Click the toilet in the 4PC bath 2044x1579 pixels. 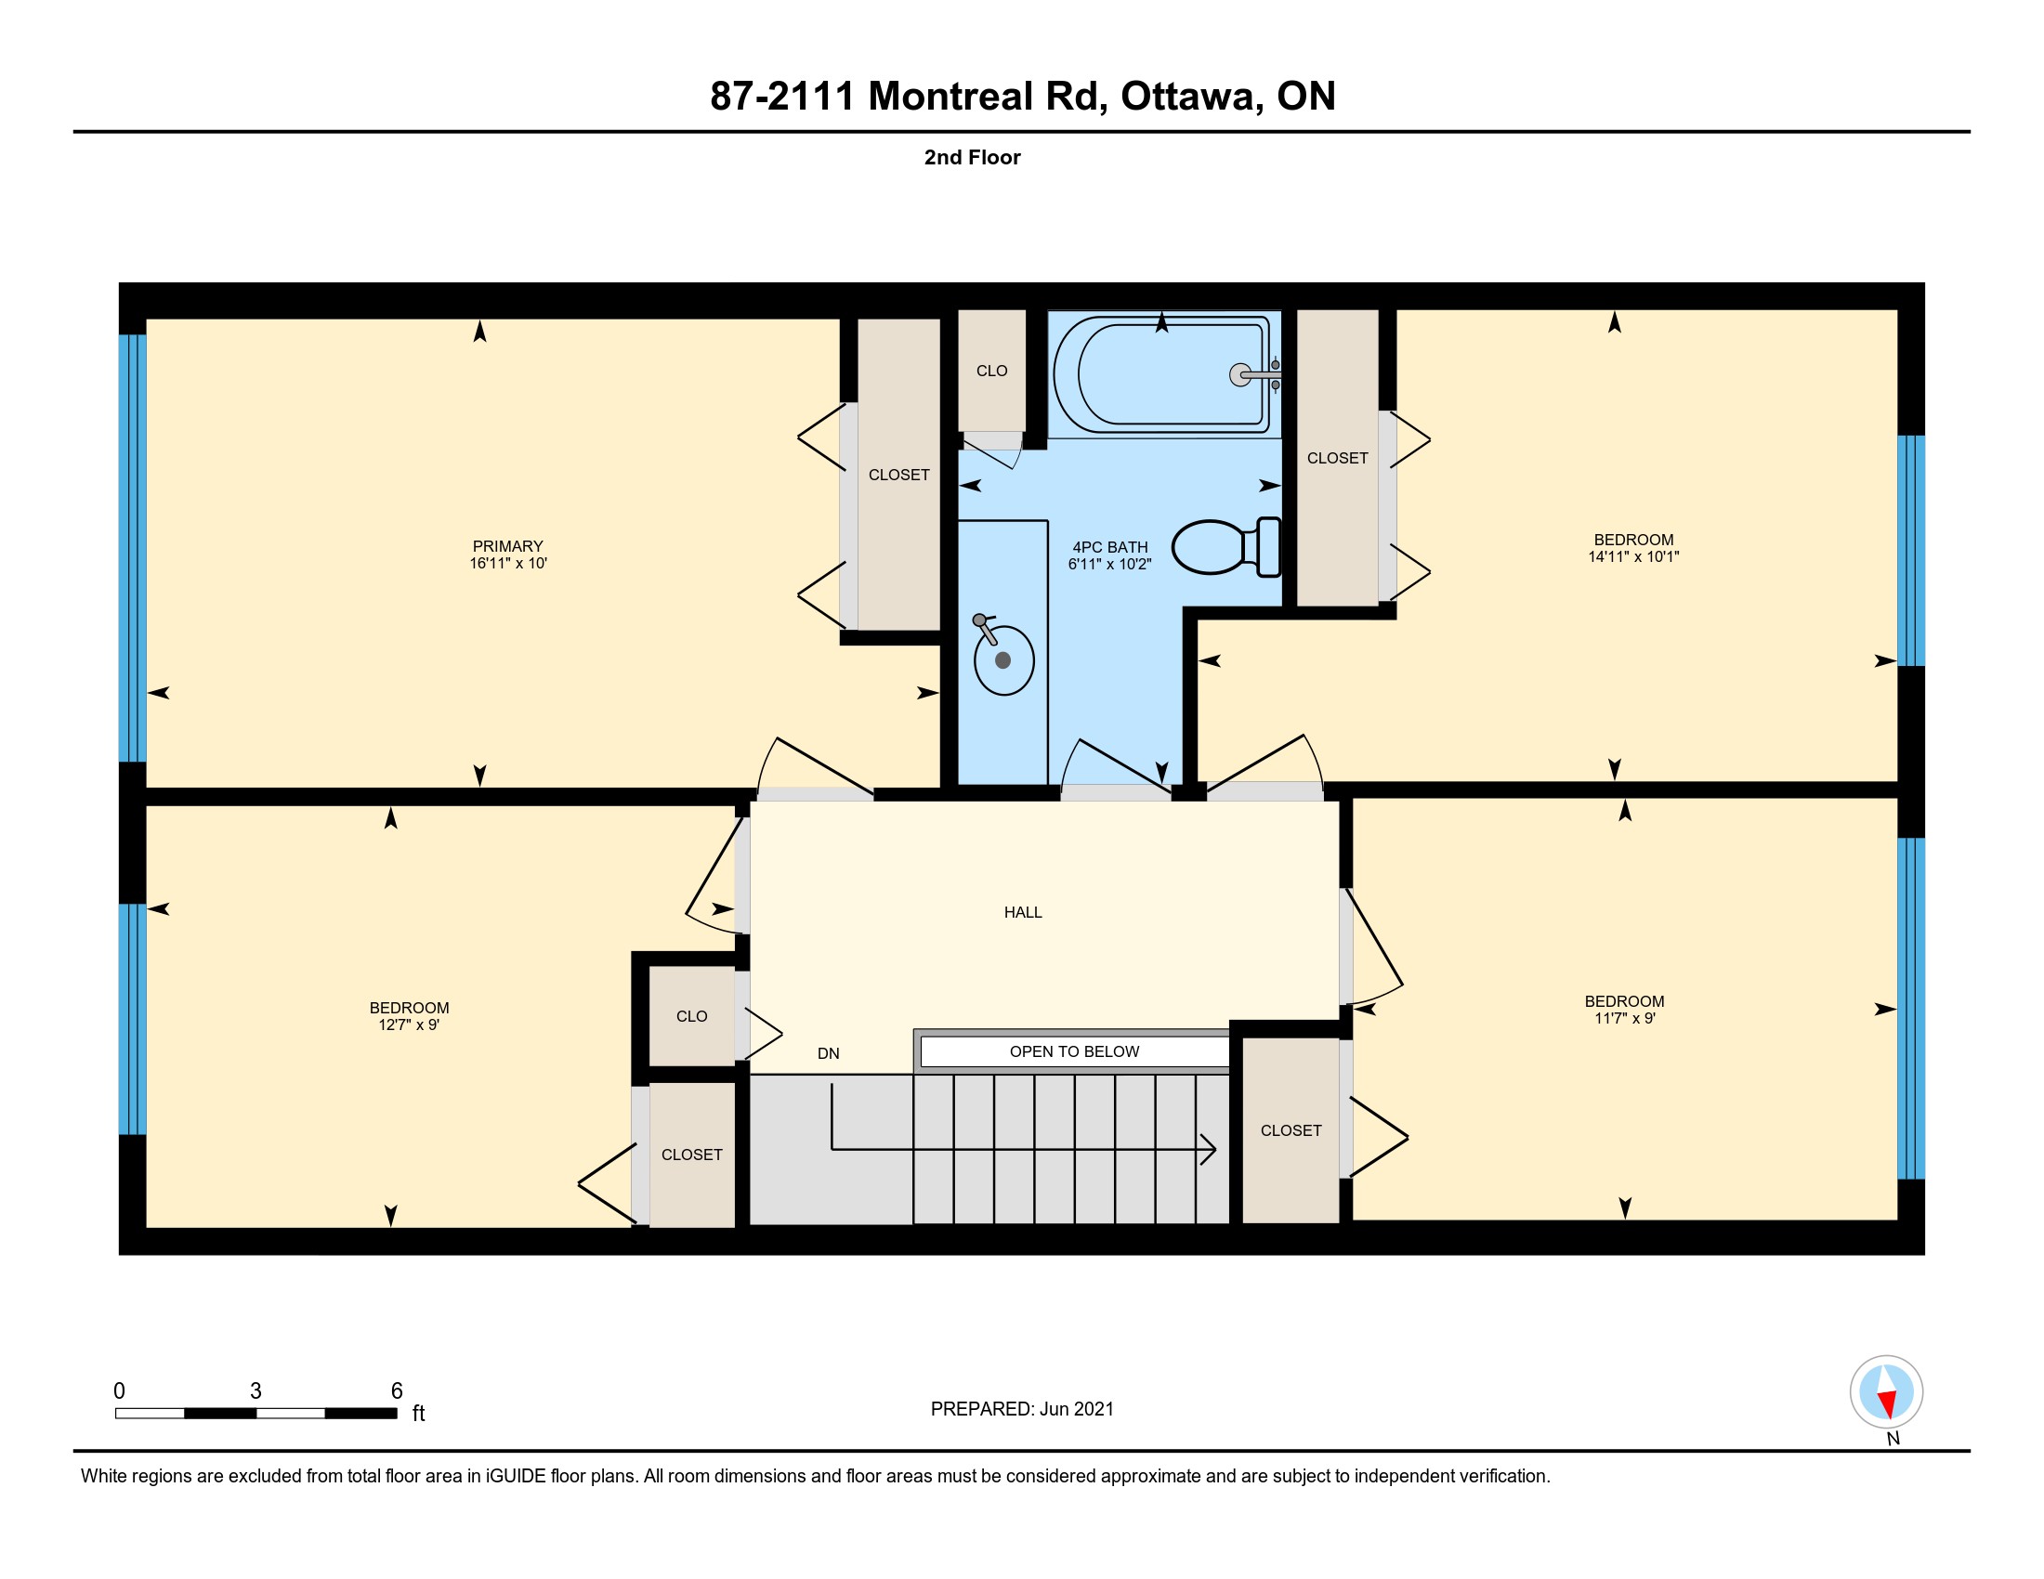[1226, 547]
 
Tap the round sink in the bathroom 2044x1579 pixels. [1003, 659]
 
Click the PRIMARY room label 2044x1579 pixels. [507, 546]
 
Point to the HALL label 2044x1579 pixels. [1023, 912]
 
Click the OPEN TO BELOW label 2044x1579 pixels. [1074, 1051]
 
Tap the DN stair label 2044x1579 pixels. [828, 1053]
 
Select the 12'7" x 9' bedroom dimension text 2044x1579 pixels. [409, 1024]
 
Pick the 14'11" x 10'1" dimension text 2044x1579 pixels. [1633, 556]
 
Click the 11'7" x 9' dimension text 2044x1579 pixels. [1625, 1018]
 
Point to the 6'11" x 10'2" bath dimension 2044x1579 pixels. [1109, 564]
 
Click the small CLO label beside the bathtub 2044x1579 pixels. [992, 372]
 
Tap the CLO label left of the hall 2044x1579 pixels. [691, 1016]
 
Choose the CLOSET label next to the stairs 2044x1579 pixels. [1291, 1130]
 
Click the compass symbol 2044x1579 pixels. [1886, 1391]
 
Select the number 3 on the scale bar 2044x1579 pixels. [255, 1391]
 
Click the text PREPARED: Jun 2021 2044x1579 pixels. [1022, 1409]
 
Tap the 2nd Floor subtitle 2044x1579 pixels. [973, 157]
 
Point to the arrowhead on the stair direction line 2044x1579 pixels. [1208, 1148]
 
